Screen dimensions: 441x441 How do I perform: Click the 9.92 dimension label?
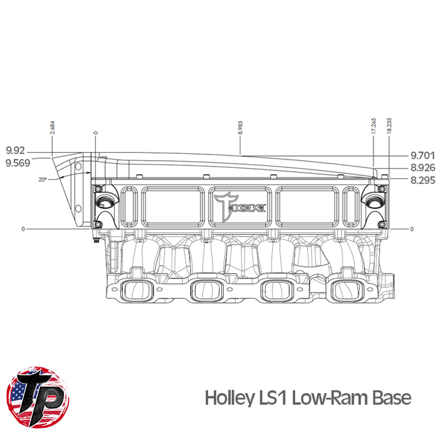tap(16, 151)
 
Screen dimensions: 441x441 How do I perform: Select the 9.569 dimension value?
tap(18, 163)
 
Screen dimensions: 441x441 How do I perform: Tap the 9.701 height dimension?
tap(423, 156)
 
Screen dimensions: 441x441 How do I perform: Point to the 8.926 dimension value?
tap(423, 168)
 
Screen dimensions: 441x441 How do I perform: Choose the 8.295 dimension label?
tap(423, 180)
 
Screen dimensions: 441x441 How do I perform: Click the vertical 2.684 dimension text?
tap(52, 127)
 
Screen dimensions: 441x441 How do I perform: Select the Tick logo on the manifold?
tap(240, 205)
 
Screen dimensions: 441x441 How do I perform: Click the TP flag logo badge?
tap(38, 397)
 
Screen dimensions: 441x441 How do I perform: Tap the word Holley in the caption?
tap(229, 398)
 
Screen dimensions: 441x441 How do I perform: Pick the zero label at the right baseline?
tap(411, 229)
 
